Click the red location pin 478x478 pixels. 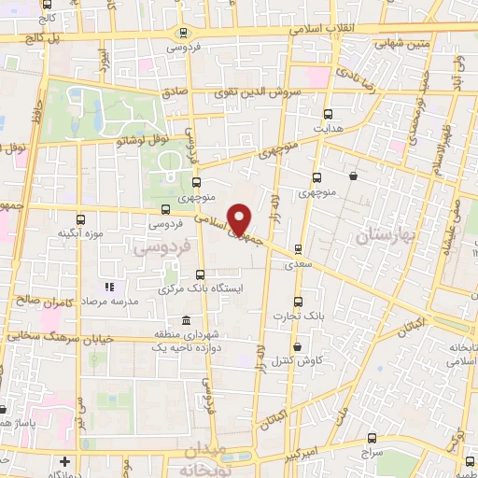[x=239, y=220]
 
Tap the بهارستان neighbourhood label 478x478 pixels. [x=386, y=238]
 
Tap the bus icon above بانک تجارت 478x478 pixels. [x=298, y=302]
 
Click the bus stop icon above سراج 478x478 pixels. [x=373, y=438]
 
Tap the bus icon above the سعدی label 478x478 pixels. [x=298, y=249]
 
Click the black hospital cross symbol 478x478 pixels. [x=63, y=462]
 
